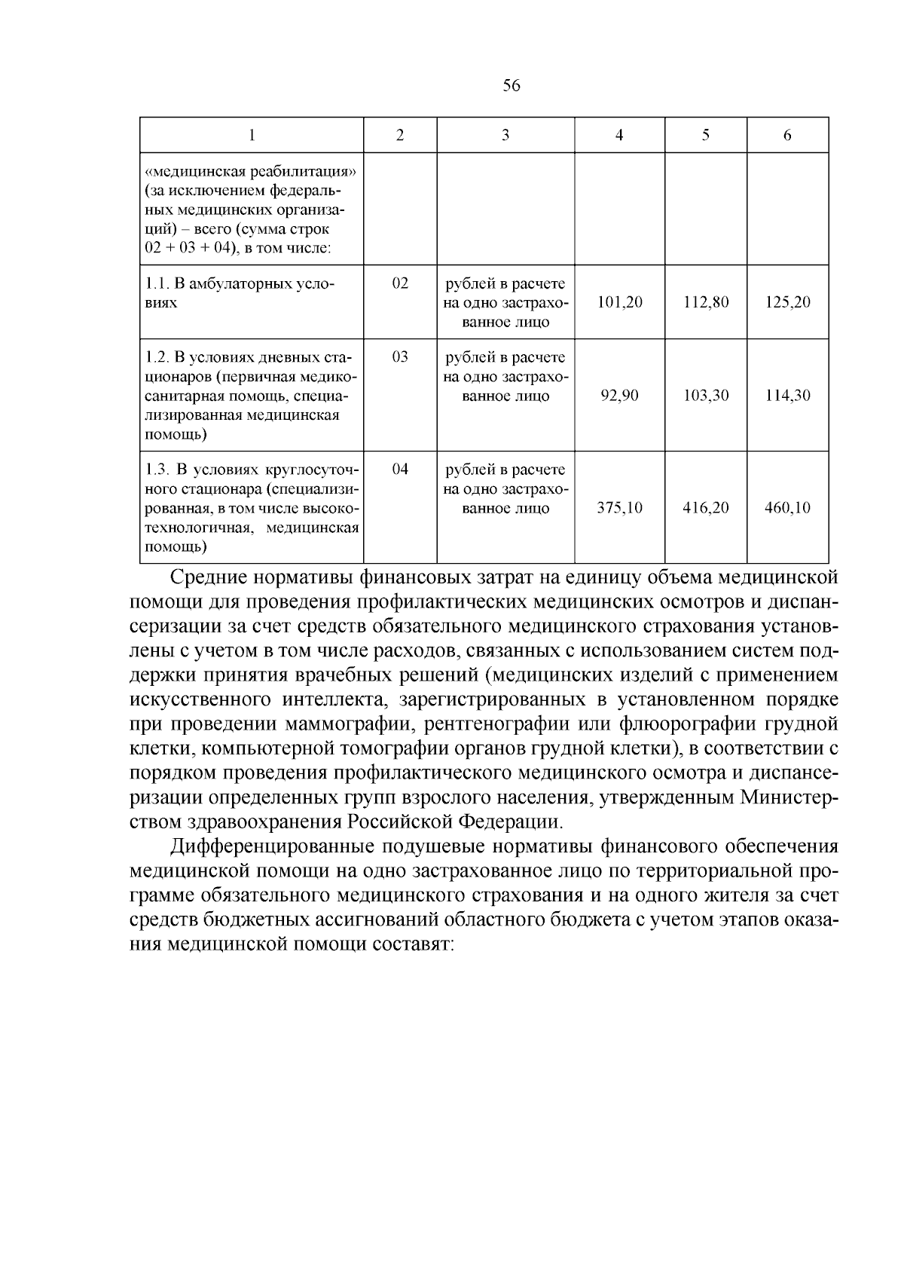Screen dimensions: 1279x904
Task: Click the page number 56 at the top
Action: pos(511,86)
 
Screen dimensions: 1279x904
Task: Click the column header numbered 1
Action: pos(252,136)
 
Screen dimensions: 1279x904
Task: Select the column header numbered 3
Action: pos(505,136)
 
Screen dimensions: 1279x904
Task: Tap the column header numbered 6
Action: pos(787,136)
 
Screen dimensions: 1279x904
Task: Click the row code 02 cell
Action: pos(400,283)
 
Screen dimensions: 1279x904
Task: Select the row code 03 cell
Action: pos(400,357)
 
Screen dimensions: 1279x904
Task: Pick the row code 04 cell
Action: pos(400,470)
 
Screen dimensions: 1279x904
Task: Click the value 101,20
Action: pos(619,302)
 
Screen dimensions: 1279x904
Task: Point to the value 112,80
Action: pos(705,302)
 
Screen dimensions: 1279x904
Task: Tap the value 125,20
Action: pos(787,302)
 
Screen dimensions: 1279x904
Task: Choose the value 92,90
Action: pos(619,396)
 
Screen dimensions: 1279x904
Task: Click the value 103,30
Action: pos(705,396)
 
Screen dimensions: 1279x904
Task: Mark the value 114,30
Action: pos(787,396)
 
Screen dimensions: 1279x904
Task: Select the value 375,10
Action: pos(619,508)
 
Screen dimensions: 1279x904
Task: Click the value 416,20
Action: pos(705,508)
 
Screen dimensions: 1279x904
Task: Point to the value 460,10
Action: pos(787,508)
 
